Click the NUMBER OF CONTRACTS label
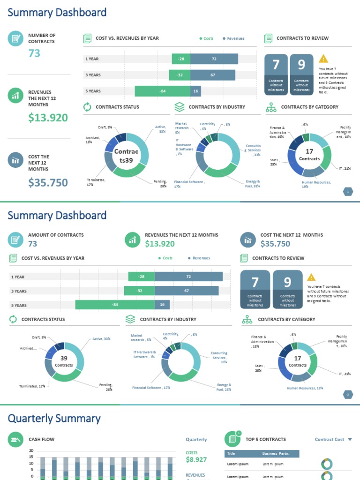click(41, 38)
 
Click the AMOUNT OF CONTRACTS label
click(56, 235)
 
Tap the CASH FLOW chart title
click(41, 439)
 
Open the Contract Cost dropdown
click(333, 440)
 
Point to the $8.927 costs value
click(196, 460)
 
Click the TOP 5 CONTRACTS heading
click(265, 439)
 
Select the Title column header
click(231, 454)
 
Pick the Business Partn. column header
click(276, 454)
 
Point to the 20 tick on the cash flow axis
click(31, 450)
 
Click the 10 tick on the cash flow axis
click(31, 464)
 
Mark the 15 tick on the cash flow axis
click(31, 457)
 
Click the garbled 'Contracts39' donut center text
click(126, 156)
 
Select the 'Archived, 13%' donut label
click(89, 140)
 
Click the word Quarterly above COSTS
click(196, 440)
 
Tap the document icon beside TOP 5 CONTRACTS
click(232, 439)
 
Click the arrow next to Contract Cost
click(349, 440)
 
